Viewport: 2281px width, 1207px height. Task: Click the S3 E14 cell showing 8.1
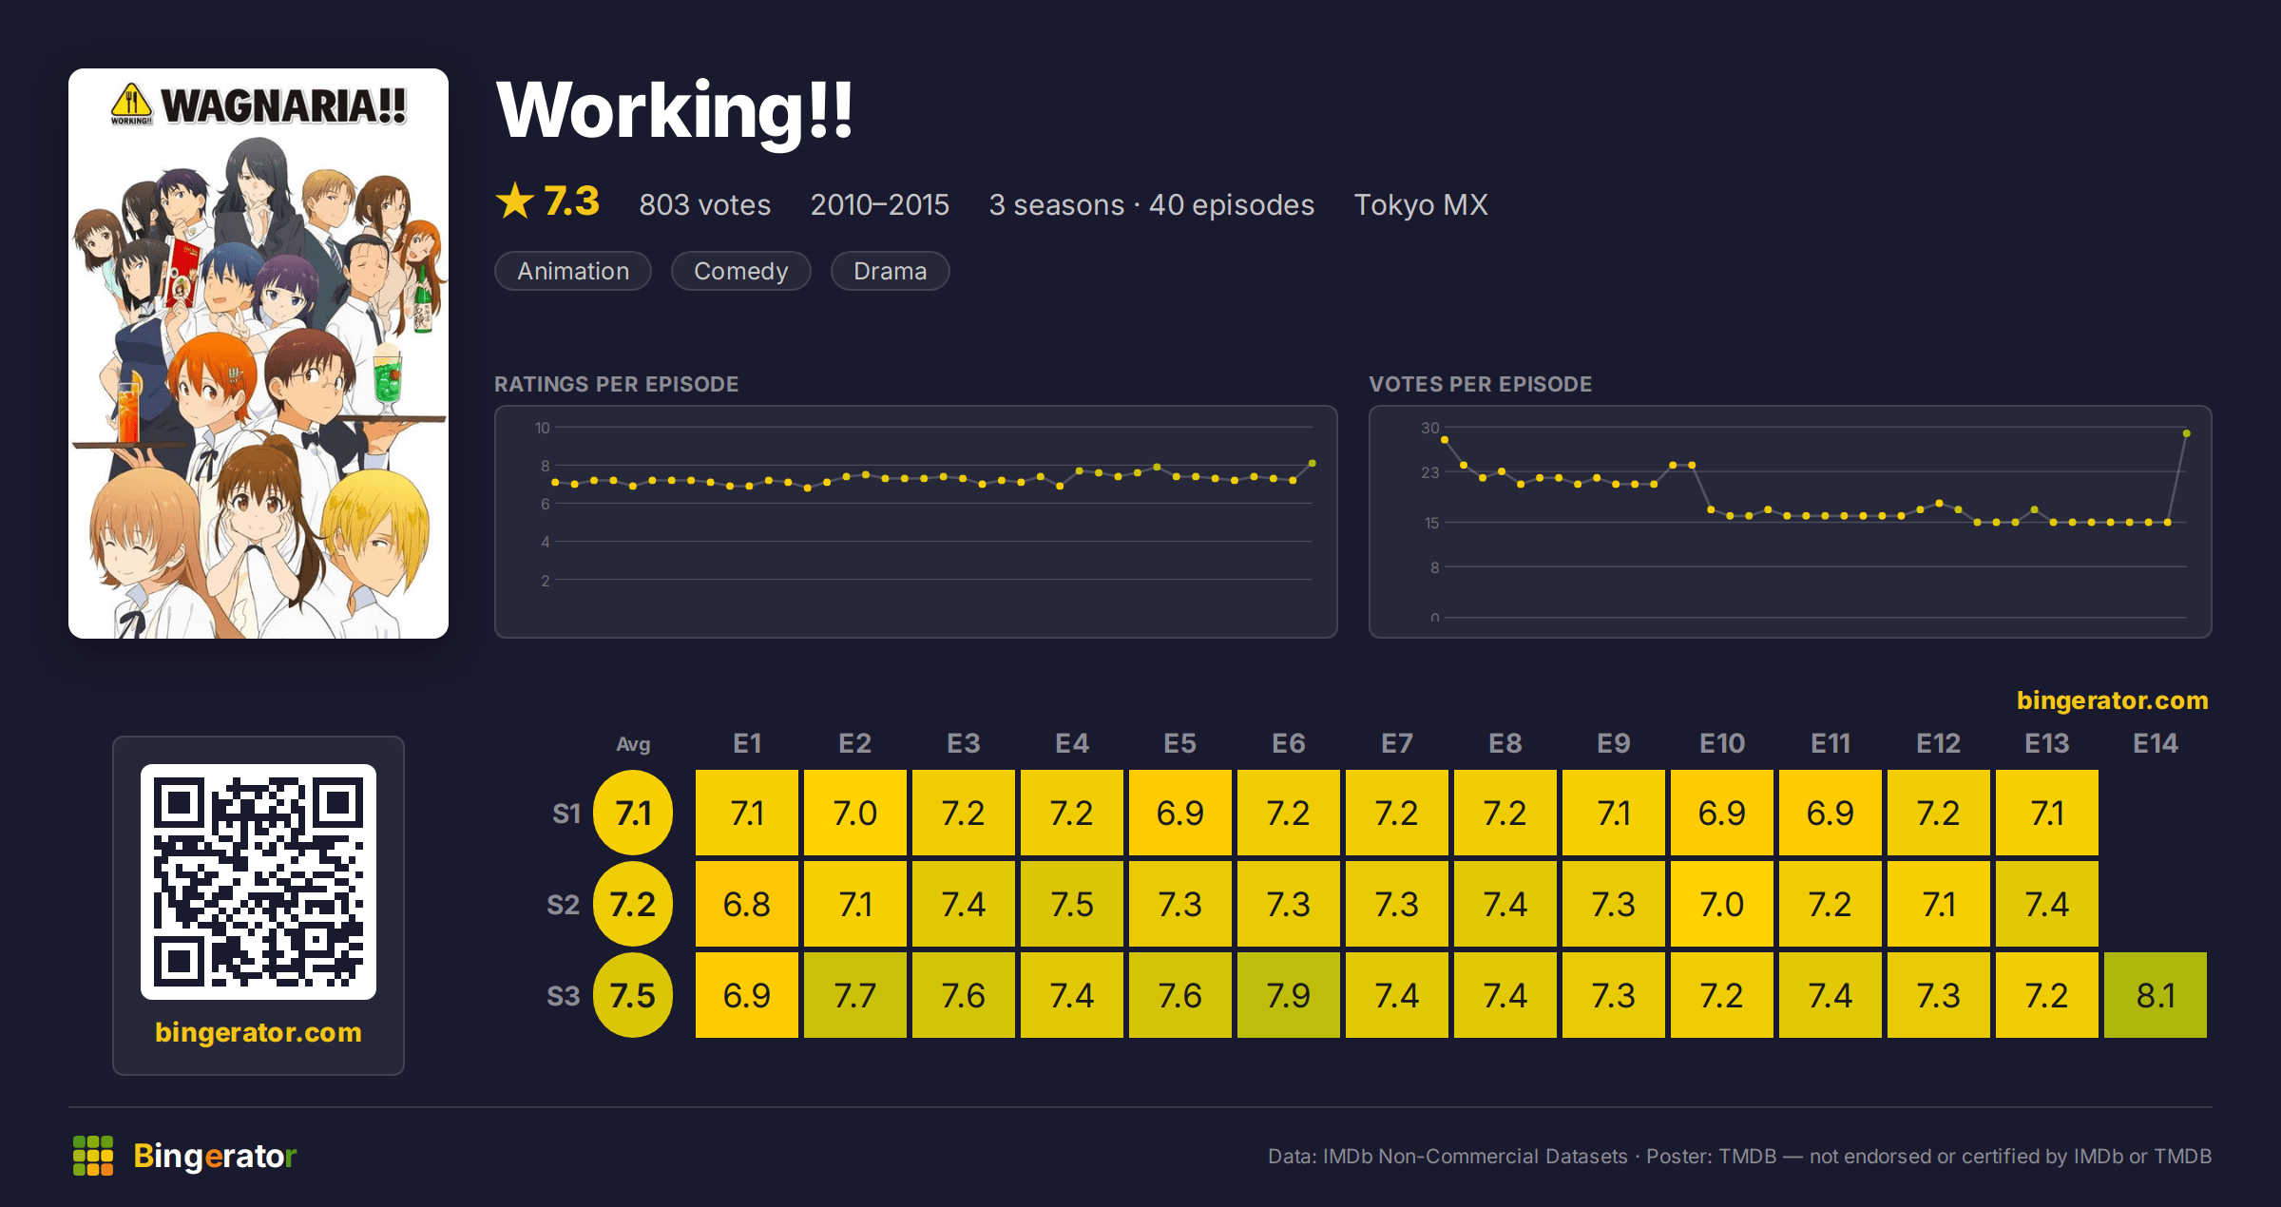2155,995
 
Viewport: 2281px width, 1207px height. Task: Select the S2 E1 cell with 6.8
746,904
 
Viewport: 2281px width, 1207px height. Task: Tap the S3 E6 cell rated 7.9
1288,995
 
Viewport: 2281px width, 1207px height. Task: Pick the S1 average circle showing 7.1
633,813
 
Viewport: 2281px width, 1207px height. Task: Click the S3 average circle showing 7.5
633,995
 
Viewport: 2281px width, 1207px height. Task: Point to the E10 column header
1722,743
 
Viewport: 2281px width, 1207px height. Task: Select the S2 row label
564,904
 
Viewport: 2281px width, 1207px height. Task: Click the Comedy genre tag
741,271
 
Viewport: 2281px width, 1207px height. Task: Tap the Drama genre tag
890,271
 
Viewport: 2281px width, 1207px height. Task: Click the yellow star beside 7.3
515,201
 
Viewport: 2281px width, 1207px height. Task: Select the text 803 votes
705,204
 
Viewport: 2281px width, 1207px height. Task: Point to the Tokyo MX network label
1421,204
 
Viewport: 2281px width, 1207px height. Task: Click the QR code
259,881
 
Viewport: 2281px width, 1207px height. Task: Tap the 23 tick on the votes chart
1429,472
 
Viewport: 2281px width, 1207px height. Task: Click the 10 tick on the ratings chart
542,428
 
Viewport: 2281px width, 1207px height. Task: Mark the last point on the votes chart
2187,433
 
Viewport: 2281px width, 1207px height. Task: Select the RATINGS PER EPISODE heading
616,384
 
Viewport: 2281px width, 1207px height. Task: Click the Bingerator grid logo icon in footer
93,1156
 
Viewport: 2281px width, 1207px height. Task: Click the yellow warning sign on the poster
131,103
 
